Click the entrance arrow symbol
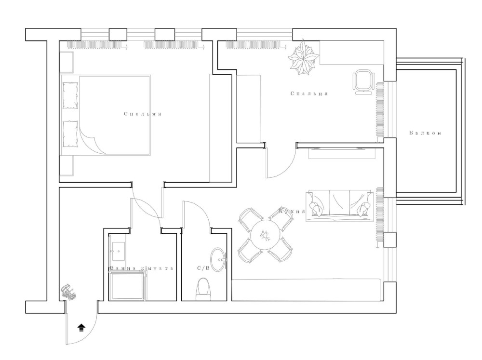coord(81,328)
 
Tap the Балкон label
coord(426,133)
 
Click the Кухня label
coord(292,211)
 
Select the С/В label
coord(203,268)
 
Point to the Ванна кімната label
coord(141,268)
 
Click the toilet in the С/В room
coord(203,289)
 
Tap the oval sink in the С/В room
coord(218,260)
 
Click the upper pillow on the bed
coord(70,95)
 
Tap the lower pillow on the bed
coord(70,134)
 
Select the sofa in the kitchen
coord(340,206)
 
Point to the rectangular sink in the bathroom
coord(118,251)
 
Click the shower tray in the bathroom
coord(128,286)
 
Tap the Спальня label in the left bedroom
coord(143,114)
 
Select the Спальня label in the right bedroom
coord(309,93)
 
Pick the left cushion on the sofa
coord(317,209)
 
